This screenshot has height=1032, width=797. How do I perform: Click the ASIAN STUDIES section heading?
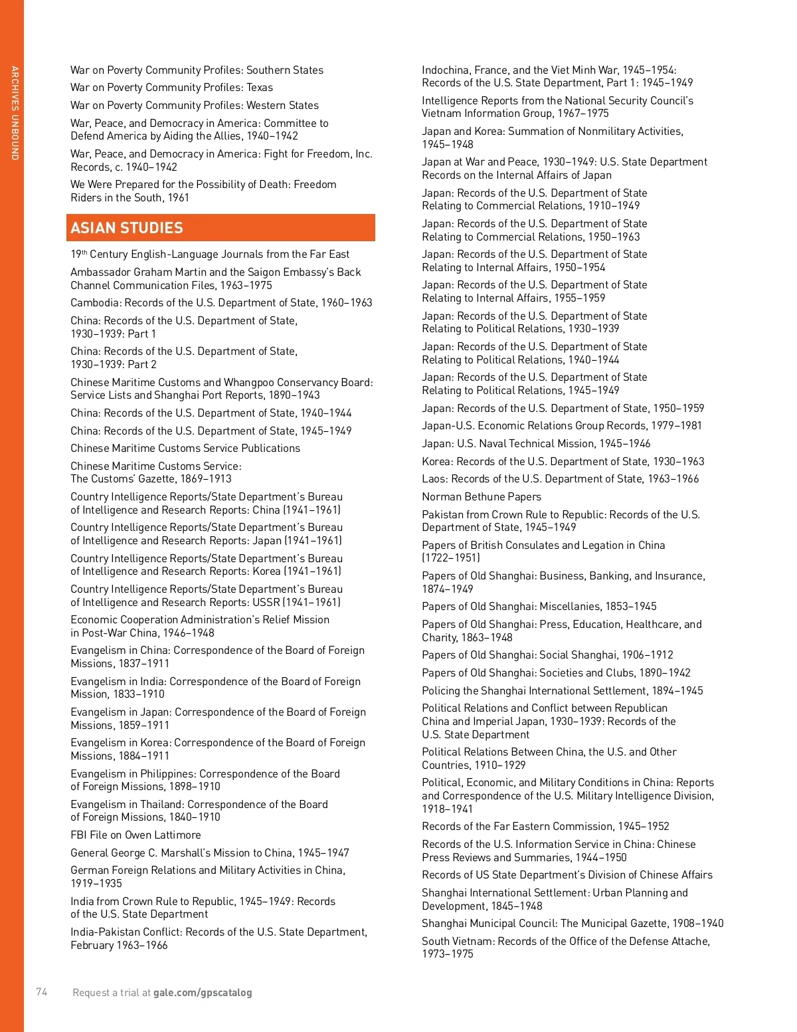pyautogui.click(x=127, y=228)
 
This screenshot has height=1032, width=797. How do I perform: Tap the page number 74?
pyautogui.click(x=42, y=992)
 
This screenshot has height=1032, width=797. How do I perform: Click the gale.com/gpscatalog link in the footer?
pyautogui.click(x=203, y=993)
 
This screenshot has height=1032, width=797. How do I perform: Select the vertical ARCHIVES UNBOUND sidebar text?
pyautogui.click(x=15, y=112)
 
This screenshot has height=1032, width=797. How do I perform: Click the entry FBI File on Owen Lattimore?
pyautogui.click(x=135, y=835)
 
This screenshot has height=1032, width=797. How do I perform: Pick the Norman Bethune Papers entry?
pyautogui.click(x=482, y=496)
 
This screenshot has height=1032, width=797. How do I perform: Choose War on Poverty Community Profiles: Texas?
pyautogui.click(x=171, y=87)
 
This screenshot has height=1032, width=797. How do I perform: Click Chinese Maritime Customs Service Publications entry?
pyautogui.click(x=185, y=448)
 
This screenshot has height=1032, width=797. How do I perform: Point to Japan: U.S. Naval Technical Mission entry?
pyautogui.click(x=536, y=443)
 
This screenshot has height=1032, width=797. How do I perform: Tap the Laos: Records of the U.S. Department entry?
pyautogui.click(x=560, y=478)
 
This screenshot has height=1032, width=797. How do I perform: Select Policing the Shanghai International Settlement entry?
pyautogui.click(x=562, y=690)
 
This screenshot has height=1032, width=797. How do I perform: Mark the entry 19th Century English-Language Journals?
pyautogui.click(x=210, y=254)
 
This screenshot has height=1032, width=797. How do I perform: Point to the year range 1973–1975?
pyautogui.click(x=448, y=954)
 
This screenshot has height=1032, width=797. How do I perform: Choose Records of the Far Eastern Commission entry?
pyautogui.click(x=545, y=826)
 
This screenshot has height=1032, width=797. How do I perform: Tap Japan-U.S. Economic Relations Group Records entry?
pyautogui.click(x=561, y=425)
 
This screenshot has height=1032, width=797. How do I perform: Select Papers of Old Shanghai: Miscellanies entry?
pyautogui.click(x=539, y=606)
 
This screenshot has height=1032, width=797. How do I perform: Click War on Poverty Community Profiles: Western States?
pyautogui.click(x=195, y=105)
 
